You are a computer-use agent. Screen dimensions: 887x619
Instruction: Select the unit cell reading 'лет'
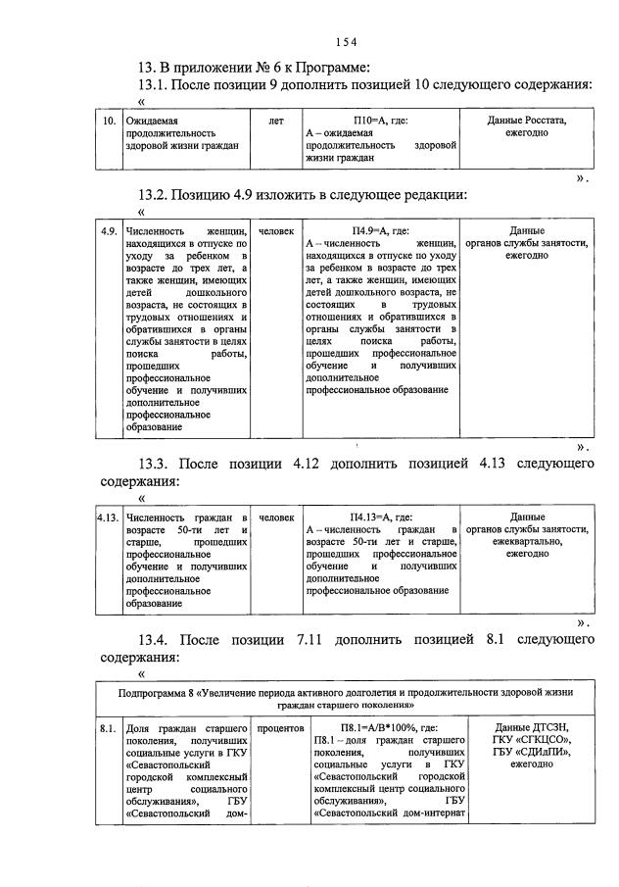coord(275,121)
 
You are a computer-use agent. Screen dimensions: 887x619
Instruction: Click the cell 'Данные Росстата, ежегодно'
coord(526,126)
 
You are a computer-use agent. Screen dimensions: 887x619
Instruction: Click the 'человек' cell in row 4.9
coord(276,230)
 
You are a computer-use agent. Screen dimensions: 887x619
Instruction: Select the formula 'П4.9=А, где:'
coord(381,230)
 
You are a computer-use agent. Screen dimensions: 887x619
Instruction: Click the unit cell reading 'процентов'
coord(280,728)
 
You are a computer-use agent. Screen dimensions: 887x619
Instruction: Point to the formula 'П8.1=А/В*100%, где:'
coord(381,728)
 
